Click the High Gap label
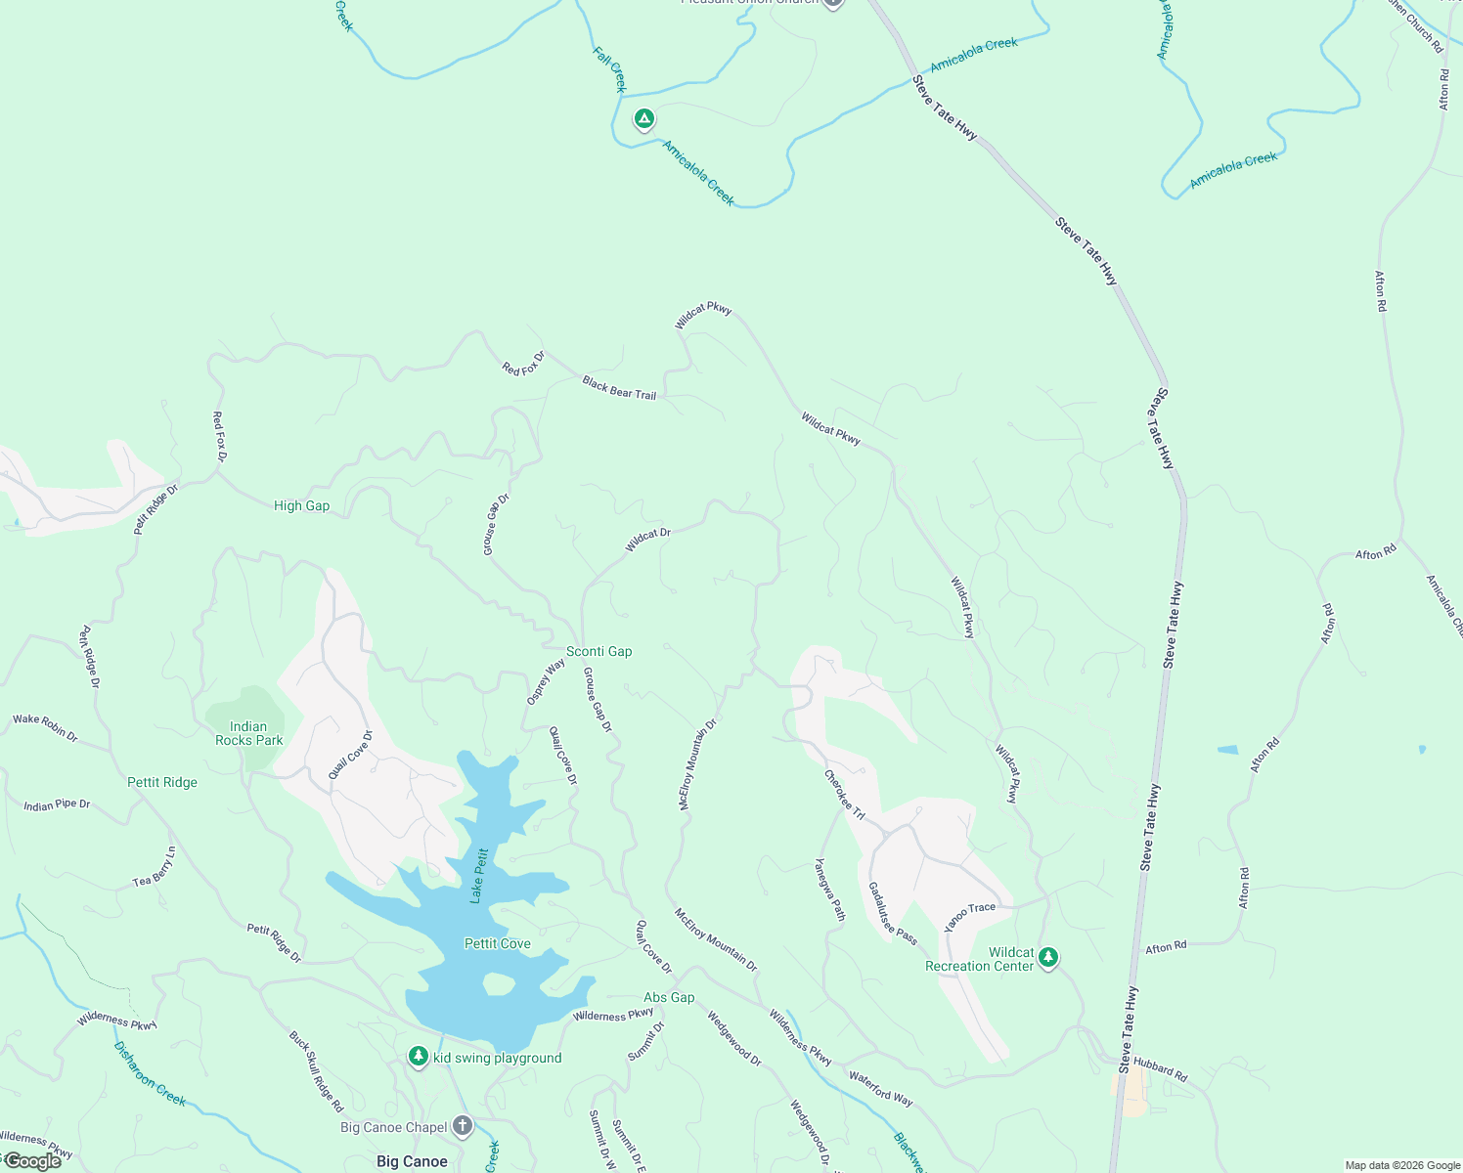[x=301, y=505]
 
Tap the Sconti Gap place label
[x=598, y=651]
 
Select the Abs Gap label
[x=669, y=997]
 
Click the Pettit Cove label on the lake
[x=497, y=943]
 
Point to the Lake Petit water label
[x=478, y=875]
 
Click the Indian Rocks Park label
[x=248, y=733]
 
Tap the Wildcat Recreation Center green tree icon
[x=1048, y=957]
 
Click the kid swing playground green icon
[x=419, y=1057]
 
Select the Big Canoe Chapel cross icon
[x=463, y=1126]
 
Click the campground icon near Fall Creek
[x=643, y=119]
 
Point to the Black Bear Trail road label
[x=619, y=388]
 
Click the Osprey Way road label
[x=546, y=681]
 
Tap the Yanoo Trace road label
[x=969, y=916]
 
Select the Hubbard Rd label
[x=1160, y=1070]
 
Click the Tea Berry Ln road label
[x=155, y=868]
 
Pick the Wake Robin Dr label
[x=45, y=726]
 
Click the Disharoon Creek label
[x=150, y=1073]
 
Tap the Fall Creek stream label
[x=609, y=68]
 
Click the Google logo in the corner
[x=32, y=1161]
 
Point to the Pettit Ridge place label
[x=162, y=782]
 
